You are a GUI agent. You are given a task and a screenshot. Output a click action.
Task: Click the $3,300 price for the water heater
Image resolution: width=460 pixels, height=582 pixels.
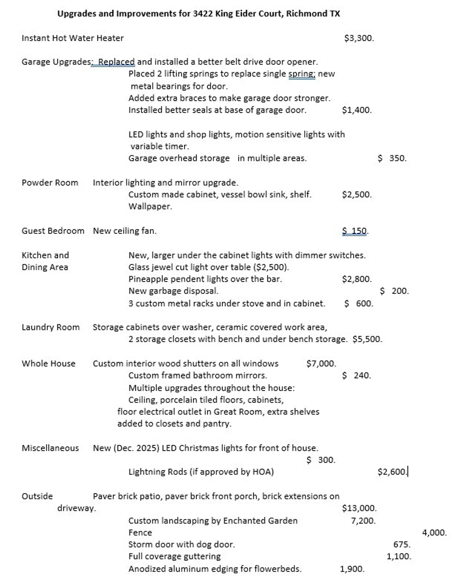(359, 38)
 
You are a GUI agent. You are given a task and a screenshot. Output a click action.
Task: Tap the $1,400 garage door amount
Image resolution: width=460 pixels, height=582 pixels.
(356, 110)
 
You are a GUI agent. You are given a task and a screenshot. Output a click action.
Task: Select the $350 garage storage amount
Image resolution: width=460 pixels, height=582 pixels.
(392, 158)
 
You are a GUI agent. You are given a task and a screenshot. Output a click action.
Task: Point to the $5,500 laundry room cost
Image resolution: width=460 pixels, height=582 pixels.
(367, 339)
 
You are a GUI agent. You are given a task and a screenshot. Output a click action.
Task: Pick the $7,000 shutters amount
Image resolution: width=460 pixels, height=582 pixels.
(321, 364)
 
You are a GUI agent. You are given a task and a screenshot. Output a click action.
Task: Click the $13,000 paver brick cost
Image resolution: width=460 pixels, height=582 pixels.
(359, 508)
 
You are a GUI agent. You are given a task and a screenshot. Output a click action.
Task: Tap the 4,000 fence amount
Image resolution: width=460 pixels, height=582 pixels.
(434, 533)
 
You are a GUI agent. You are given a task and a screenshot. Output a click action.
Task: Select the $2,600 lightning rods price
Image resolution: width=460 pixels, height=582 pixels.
(392, 472)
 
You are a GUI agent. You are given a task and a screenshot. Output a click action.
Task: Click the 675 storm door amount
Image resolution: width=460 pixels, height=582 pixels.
(401, 544)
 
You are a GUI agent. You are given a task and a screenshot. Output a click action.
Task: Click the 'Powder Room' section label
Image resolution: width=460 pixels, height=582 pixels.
(50, 183)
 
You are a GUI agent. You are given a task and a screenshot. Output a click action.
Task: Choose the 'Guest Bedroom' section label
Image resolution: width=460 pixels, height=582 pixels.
(53, 231)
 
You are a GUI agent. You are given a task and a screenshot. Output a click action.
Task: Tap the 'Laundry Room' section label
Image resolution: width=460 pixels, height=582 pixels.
(50, 327)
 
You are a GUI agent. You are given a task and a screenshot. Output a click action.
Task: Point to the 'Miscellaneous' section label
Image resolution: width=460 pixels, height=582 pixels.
(50, 448)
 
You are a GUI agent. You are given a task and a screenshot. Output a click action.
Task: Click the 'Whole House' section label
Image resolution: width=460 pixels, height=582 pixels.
(49, 364)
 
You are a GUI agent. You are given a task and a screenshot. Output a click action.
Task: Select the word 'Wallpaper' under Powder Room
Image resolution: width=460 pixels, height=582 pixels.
(150, 206)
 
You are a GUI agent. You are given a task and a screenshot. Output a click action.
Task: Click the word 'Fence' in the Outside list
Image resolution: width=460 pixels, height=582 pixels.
(140, 533)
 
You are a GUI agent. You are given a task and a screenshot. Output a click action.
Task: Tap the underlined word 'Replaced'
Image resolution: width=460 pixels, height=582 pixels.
(116, 62)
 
